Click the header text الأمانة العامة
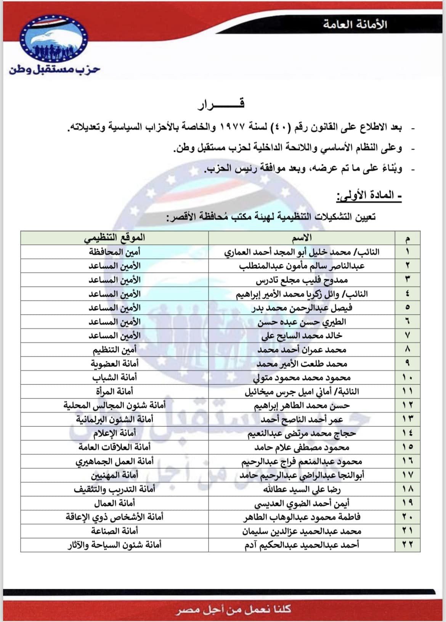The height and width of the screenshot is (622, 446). coord(355,24)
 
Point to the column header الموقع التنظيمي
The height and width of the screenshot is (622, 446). coord(114,238)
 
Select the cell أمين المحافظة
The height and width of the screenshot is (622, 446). coord(114,252)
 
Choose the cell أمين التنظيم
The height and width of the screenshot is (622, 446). coord(114,350)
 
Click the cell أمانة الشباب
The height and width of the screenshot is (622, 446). coord(114,378)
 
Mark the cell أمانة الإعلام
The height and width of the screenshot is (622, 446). coord(114,433)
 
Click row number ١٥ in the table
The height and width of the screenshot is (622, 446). coord(407,447)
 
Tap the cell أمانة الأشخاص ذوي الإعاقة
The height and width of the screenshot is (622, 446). coord(114,517)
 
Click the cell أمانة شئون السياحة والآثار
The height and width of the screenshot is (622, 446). coord(114,545)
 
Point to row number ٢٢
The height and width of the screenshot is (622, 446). coord(407,545)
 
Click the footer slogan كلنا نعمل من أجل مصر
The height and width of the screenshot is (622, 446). coord(233,609)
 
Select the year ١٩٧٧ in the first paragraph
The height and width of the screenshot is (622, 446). coord(234,127)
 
